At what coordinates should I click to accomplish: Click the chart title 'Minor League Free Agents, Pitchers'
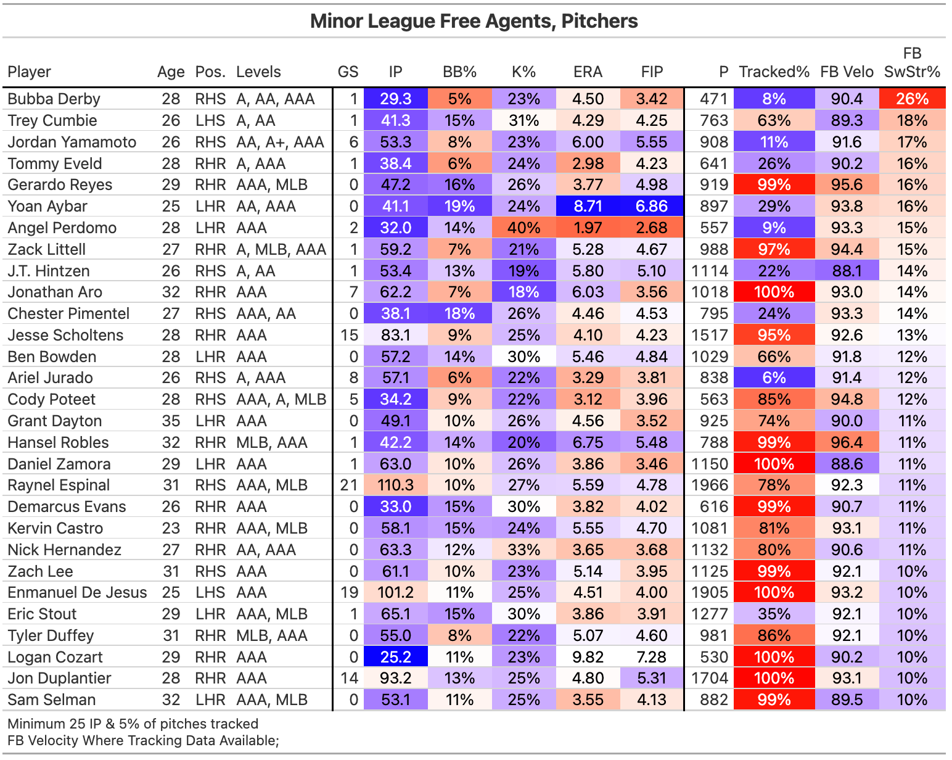click(x=474, y=21)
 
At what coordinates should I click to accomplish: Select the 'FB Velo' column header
click(x=847, y=72)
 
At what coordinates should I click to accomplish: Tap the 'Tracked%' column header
click(x=774, y=72)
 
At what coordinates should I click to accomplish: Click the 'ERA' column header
click(x=588, y=72)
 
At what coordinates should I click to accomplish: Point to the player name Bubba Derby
click(x=54, y=99)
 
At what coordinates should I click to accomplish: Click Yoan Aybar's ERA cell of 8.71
click(x=588, y=206)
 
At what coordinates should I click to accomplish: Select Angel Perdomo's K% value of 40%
click(x=523, y=228)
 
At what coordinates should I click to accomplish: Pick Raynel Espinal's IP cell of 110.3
click(x=395, y=485)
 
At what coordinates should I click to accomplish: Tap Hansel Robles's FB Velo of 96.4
click(x=847, y=442)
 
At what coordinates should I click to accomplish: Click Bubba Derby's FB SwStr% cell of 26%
click(x=912, y=99)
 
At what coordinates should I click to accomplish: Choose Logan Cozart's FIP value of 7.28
click(x=652, y=657)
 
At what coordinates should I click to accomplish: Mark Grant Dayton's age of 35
click(x=171, y=421)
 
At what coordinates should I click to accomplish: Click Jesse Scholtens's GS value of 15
click(x=349, y=335)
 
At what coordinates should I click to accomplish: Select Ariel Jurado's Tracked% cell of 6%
click(x=774, y=378)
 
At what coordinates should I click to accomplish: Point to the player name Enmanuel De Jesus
click(x=77, y=593)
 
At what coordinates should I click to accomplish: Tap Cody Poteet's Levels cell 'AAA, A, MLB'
click(x=281, y=400)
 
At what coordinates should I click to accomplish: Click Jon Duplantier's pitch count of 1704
click(x=710, y=679)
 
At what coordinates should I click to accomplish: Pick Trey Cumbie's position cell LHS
click(x=210, y=120)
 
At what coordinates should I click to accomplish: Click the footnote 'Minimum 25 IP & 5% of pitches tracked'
click(x=133, y=724)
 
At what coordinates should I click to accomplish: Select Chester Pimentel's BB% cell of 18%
click(x=459, y=313)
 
